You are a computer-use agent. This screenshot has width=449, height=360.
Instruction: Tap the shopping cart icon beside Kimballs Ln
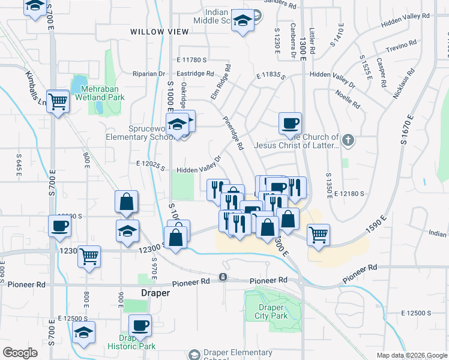(x=58, y=103)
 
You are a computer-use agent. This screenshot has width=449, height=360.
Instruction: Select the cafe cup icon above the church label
(x=290, y=123)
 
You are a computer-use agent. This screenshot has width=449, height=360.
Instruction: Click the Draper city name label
(x=155, y=293)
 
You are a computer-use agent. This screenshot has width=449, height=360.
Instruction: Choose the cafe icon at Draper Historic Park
(x=140, y=325)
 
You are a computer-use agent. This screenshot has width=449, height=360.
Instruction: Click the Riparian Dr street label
(x=148, y=74)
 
